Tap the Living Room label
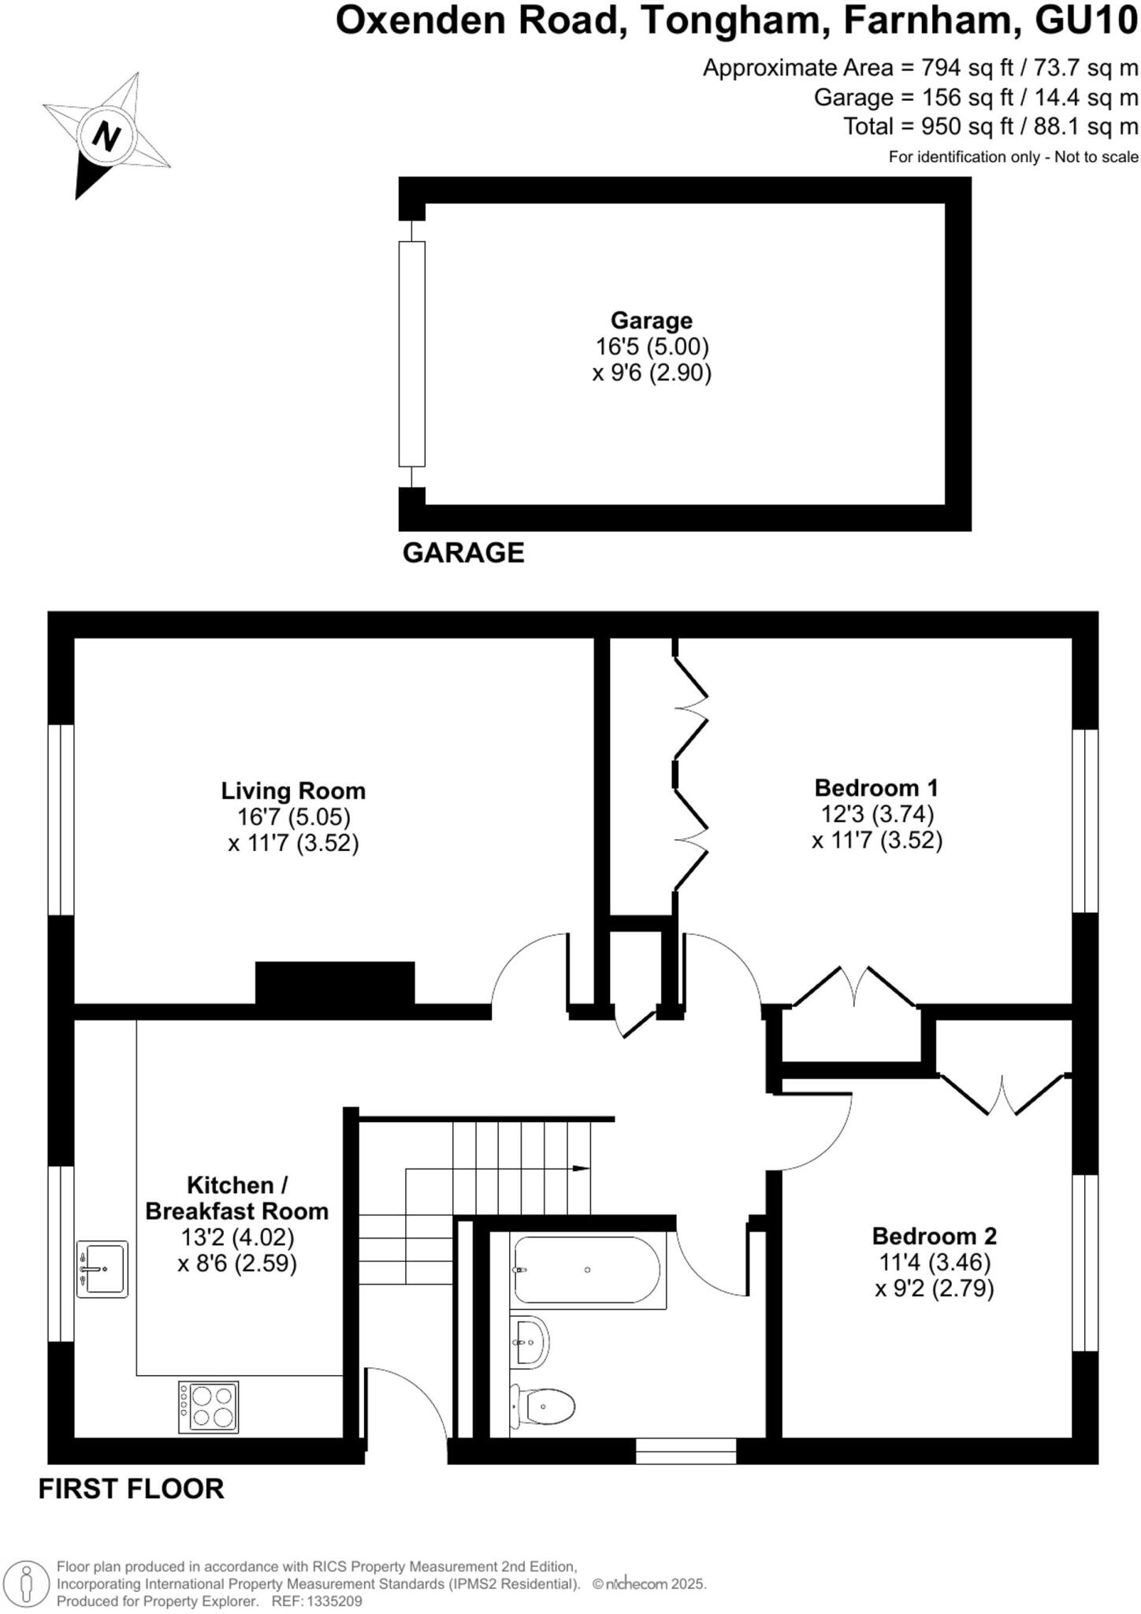coord(292,790)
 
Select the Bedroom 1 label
coord(876,787)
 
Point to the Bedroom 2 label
coord(934,1235)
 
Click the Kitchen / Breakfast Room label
coord(236,1198)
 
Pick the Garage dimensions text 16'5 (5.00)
coord(652,347)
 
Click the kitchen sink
coord(102,1269)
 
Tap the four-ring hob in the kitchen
coord(209,1407)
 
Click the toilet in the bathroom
coord(544,1406)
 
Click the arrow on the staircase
coord(581,1168)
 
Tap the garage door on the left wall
coord(411,354)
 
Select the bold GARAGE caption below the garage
coord(463,552)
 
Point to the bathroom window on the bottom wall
coord(686,1451)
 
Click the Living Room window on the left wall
coord(61,820)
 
